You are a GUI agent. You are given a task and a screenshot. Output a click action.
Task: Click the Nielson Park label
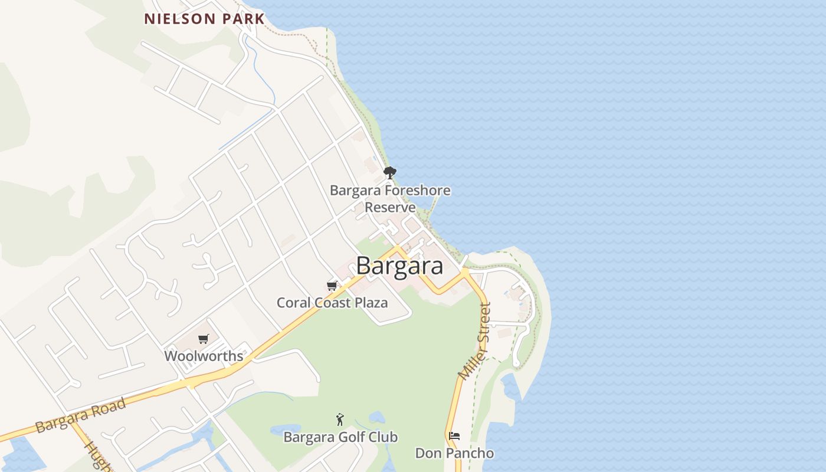[x=205, y=19]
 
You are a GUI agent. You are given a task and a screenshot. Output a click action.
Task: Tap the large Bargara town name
[x=399, y=266]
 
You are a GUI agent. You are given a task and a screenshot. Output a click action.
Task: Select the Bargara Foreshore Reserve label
[x=390, y=199]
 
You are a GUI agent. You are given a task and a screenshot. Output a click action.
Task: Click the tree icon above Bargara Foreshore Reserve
[x=389, y=173]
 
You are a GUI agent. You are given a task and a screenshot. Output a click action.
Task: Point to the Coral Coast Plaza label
[x=332, y=303]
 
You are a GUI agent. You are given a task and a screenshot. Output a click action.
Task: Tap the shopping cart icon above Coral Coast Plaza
[x=332, y=286]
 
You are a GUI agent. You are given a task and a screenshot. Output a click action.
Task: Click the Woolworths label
[x=204, y=356]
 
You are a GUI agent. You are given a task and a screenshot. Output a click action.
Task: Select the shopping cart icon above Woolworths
[x=204, y=339]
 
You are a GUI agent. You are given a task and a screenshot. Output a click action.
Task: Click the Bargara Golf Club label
[x=340, y=437]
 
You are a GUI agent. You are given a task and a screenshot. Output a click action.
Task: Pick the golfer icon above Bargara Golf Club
[x=340, y=419]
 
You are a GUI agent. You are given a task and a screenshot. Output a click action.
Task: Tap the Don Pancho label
[x=454, y=453]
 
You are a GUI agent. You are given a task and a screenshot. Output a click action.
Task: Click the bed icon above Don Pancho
[x=454, y=436]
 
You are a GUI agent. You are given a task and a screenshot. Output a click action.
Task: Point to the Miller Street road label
[x=475, y=341]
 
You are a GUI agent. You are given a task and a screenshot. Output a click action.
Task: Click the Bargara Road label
[x=80, y=415]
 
